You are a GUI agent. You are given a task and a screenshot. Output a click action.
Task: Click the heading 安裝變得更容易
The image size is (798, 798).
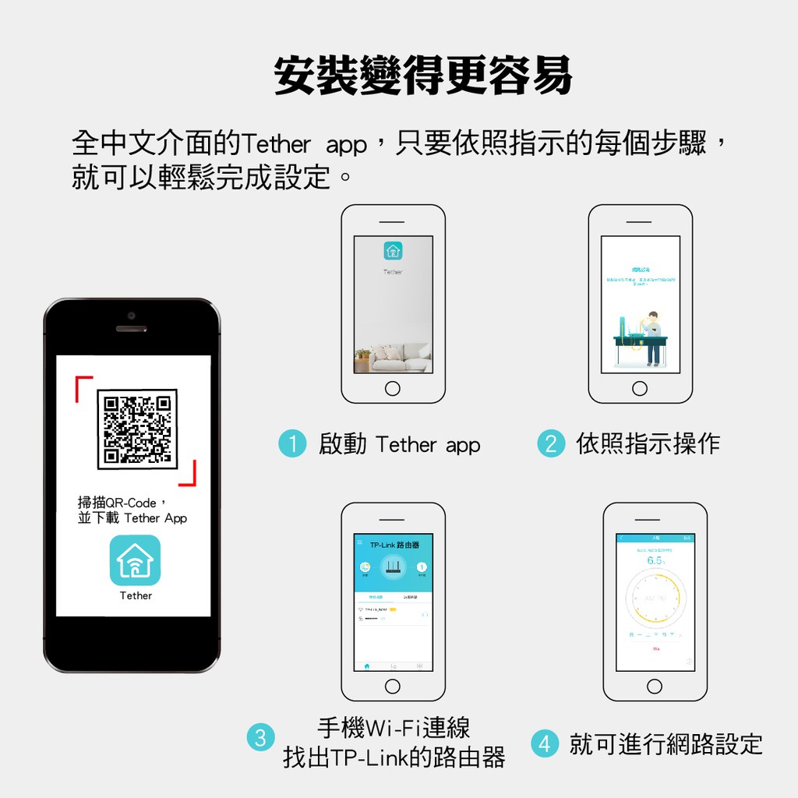coord(423,76)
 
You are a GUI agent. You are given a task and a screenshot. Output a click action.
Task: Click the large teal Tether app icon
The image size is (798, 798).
coord(136,560)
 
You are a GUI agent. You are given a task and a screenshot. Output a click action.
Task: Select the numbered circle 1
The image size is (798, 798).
coord(292,445)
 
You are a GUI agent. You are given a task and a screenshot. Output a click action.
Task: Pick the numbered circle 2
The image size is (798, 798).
coord(550,444)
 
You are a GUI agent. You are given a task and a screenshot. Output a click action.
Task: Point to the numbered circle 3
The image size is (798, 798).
coord(260,737)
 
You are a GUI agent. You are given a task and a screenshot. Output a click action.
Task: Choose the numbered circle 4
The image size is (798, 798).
coord(544,743)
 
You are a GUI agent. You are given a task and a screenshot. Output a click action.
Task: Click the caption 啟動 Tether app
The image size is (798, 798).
coord(400,445)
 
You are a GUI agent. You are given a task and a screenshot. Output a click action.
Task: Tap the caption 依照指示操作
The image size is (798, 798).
coord(648,444)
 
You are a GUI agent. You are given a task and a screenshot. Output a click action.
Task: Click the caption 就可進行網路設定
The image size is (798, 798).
coord(665,743)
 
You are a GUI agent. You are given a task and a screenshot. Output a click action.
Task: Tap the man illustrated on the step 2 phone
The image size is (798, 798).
coord(652,337)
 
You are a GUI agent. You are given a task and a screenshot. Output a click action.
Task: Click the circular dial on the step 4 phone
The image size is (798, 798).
coord(655,598)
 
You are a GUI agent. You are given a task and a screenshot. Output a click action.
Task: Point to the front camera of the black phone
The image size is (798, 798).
coord(132,316)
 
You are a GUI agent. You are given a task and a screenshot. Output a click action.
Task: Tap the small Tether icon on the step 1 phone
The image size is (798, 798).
coord(393,251)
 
